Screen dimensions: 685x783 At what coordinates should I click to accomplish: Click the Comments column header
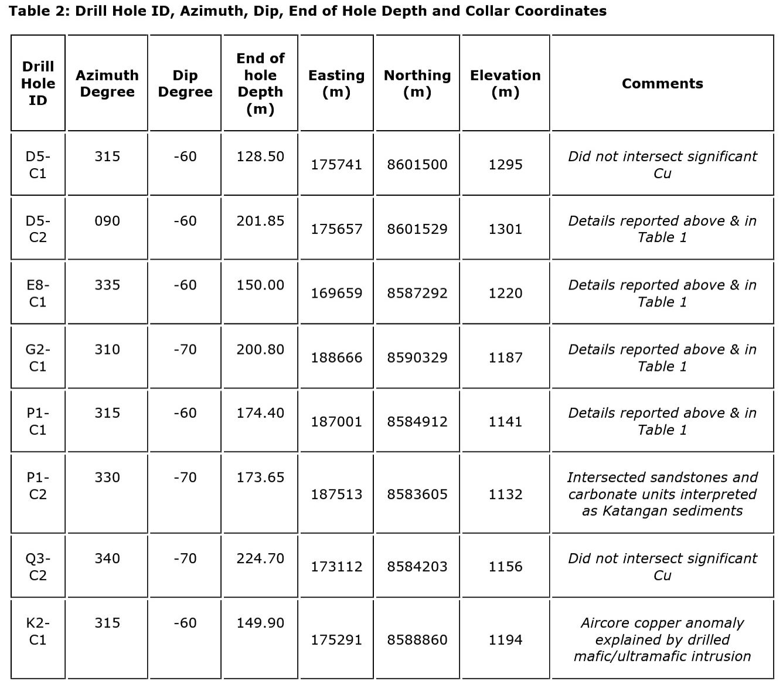tap(662, 83)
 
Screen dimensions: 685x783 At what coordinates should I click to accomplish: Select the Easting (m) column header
tap(336, 83)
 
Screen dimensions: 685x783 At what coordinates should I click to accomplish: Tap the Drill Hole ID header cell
tap(38, 83)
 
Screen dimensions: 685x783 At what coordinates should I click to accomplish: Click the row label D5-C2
tap(38, 229)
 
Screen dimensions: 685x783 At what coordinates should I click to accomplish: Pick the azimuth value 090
tap(107, 221)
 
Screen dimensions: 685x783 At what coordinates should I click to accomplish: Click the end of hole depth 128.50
tap(260, 156)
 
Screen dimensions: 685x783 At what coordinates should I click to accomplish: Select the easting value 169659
tap(336, 293)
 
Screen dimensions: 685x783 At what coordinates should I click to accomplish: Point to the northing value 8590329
tap(417, 357)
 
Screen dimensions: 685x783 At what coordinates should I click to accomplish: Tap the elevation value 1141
tap(505, 421)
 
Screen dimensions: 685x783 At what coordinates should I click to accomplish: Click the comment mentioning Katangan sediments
tap(662, 494)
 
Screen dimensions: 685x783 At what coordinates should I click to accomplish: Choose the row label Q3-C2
tap(38, 567)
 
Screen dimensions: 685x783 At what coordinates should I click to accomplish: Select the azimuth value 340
tap(107, 558)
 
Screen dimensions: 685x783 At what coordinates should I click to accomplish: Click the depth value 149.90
tap(260, 623)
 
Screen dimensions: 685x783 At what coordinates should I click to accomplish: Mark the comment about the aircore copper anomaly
tap(662, 639)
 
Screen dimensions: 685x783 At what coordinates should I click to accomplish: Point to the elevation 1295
tap(505, 165)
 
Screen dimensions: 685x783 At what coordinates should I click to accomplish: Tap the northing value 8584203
tap(417, 567)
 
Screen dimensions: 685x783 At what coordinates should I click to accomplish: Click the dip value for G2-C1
tap(185, 349)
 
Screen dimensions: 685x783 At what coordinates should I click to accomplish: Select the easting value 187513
tap(336, 494)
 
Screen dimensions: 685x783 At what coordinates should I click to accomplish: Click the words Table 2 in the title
tap(38, 11)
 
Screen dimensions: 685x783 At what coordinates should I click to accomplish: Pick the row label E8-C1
tap(38, 293)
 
